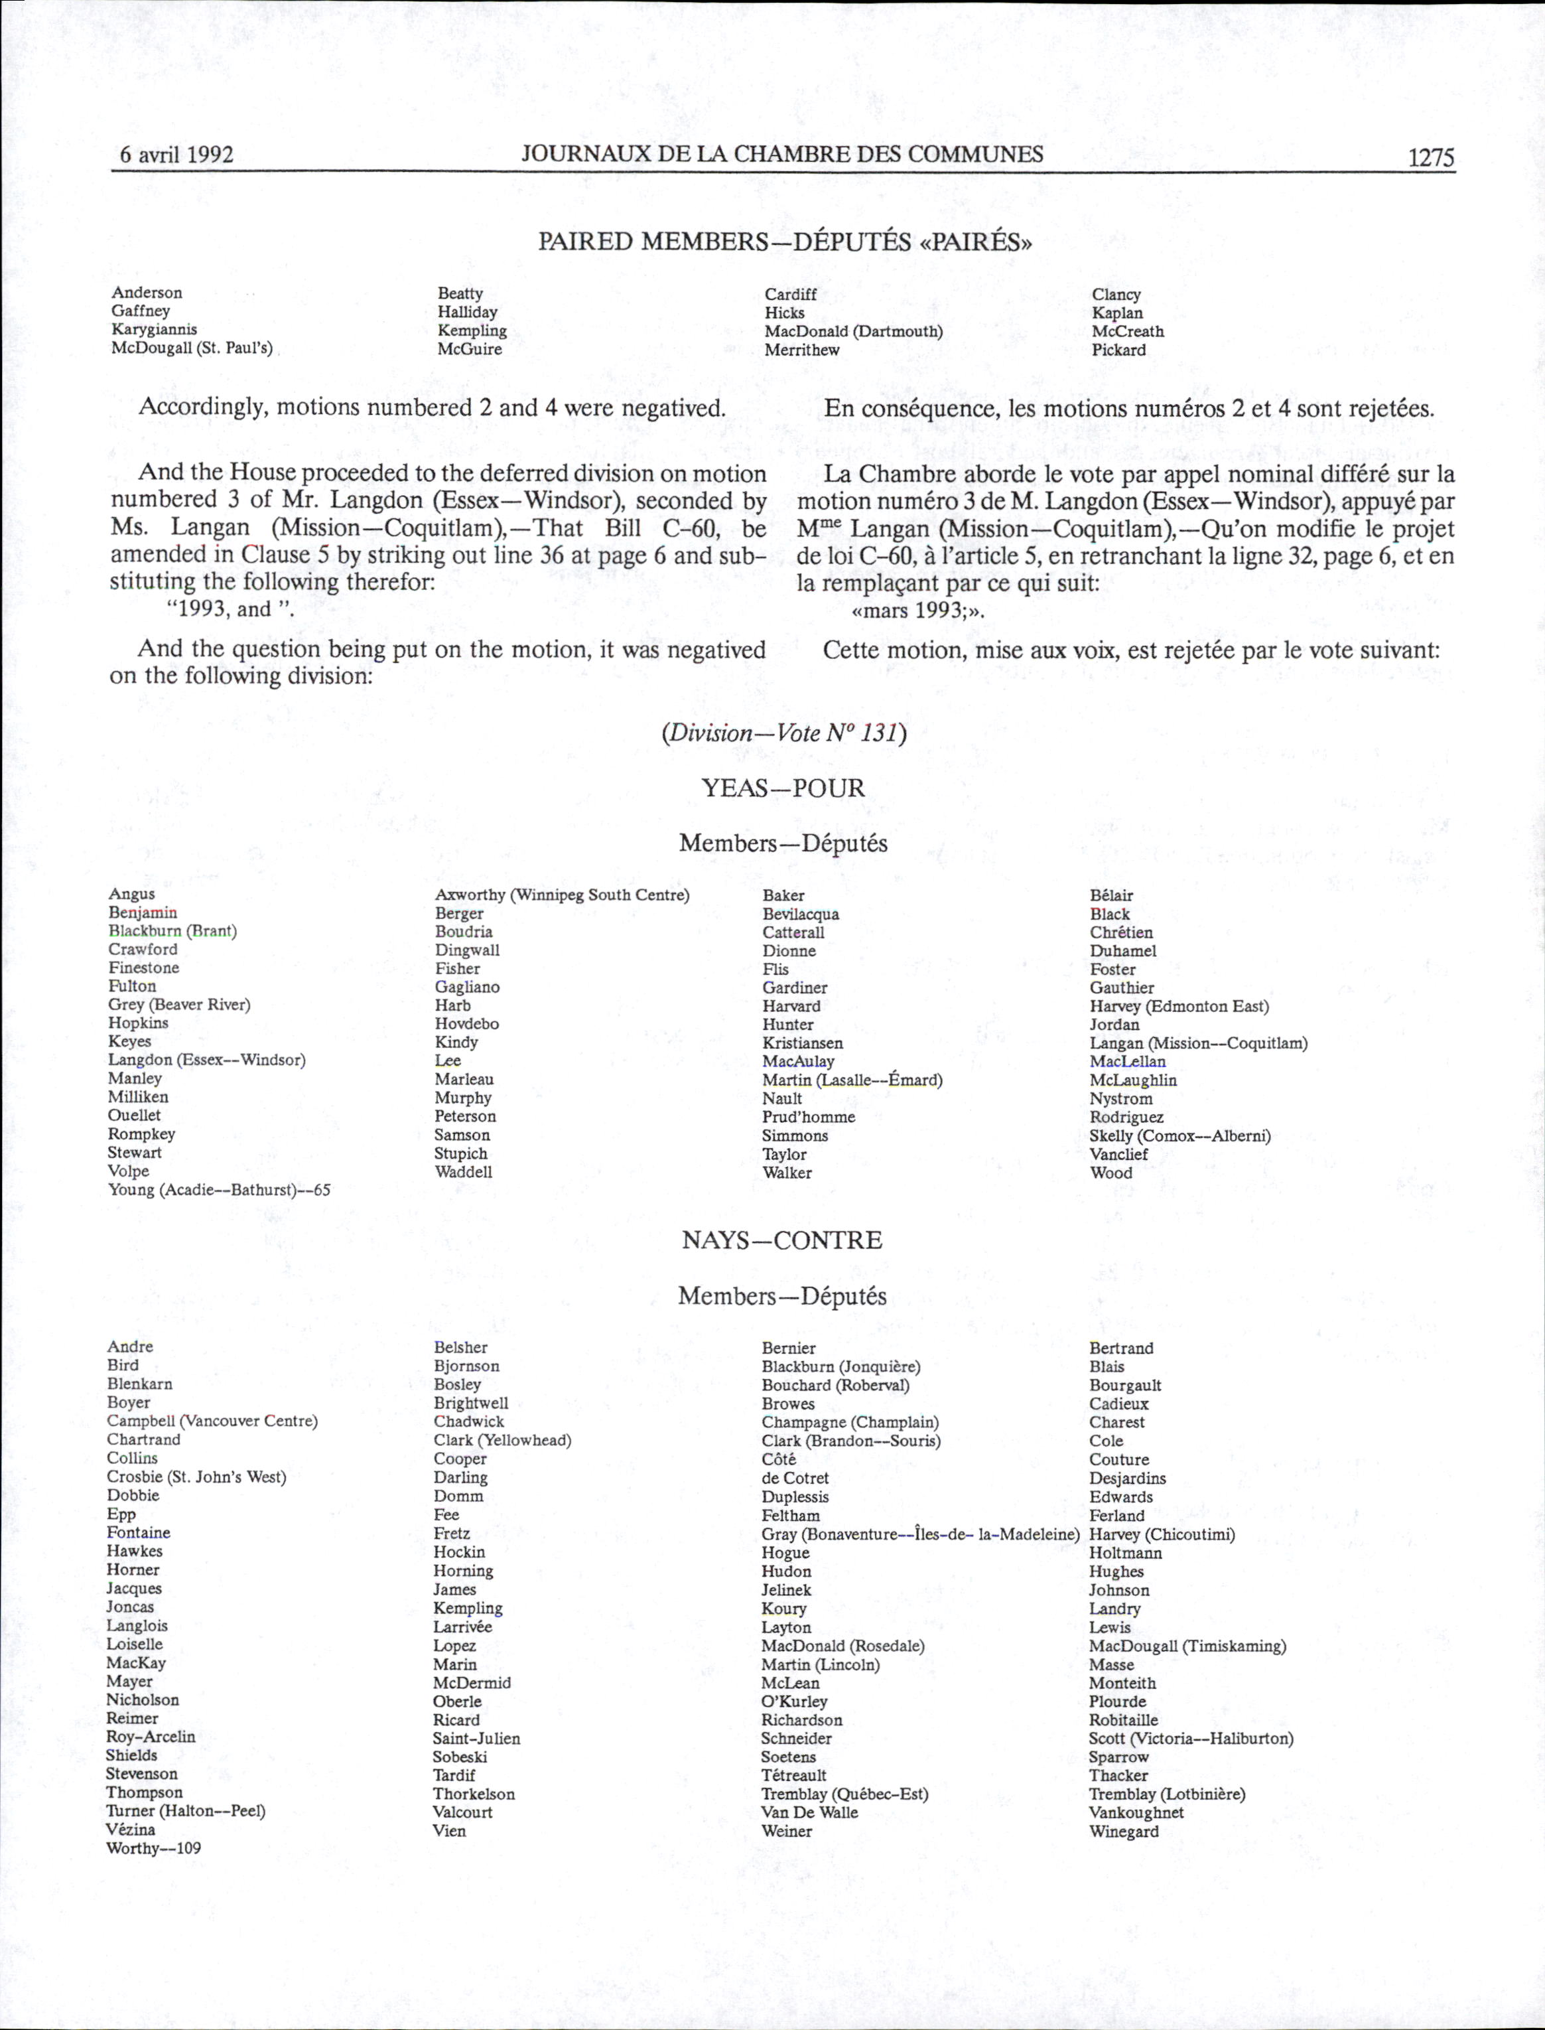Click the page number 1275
[1431, 157]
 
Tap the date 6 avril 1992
[176, 155]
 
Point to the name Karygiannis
[155, 329]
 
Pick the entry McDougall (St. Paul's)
[192, 348]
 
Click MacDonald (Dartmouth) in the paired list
[853, 331]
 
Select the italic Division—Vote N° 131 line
[783, 733]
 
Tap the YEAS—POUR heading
[783, 788]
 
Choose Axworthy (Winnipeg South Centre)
[562, 895]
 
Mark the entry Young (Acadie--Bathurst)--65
[219, 1191]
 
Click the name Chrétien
[1121, 932]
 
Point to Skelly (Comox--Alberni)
[1180, 1136]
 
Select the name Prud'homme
[809, 1117]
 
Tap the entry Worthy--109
[154, 1849]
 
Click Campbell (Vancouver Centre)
[212, 1421]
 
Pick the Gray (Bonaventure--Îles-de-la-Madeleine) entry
[919, 1534]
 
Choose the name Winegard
[1124, 1832]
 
